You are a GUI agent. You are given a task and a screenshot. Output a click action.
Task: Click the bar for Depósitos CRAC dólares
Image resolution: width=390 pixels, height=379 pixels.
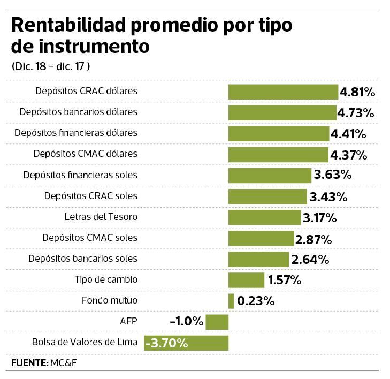click(x=283, y=92)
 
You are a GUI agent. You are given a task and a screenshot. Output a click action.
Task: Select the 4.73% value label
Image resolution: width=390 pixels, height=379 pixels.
click(x=355, y=113)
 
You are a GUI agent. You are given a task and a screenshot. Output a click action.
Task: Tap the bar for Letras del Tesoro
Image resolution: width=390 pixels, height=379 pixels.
click(x=264, y=217)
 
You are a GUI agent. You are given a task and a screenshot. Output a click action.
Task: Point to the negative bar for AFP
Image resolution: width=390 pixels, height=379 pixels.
click(x=217, y=322)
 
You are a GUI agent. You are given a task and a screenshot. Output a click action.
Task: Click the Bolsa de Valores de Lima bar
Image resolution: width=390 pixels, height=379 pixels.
click(x=186, y=343)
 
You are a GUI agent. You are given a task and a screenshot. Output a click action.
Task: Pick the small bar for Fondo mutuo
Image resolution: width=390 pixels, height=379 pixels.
click(x=231, y=301)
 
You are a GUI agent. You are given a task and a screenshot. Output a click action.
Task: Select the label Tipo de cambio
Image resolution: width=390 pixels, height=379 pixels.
click(x=106, y=279)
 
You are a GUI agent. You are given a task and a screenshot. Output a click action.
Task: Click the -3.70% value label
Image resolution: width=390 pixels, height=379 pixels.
click(x=167, y=343)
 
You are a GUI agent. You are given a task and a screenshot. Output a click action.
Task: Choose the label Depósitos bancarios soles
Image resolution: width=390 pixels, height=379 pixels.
click(x=83, y=259)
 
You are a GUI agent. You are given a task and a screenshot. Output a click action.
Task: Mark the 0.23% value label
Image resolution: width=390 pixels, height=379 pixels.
click(x=255, y=301)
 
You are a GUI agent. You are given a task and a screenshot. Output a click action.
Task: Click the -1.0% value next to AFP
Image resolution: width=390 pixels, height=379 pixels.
click(x=186, y=322)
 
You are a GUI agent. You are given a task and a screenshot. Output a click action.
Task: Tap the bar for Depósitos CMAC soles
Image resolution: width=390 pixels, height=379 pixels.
click(x=261, y=238)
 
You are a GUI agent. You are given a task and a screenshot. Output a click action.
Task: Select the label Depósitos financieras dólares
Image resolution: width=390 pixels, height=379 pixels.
click(x=76, y=133)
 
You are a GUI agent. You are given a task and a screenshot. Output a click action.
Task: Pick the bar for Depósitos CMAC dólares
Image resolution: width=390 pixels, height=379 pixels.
click(x=278, y=155)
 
